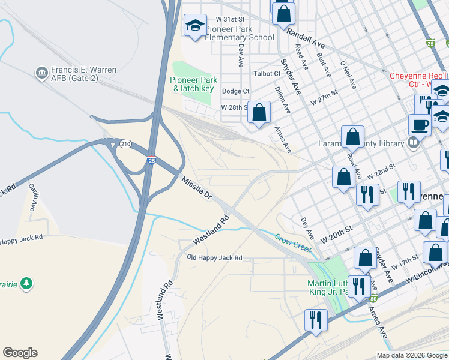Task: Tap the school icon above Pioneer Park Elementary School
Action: point(194,26)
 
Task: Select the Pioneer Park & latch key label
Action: point(193,84)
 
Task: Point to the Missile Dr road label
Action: point(197,188)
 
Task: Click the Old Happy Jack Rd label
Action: point(214,257)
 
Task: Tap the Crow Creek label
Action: point(293,242)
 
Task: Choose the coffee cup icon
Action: point(420,125)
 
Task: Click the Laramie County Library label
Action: point(360,143)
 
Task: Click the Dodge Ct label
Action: point(235,91)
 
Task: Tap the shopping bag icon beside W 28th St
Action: point(259,112)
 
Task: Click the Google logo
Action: point(20,353)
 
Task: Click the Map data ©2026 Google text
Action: point(412,355)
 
